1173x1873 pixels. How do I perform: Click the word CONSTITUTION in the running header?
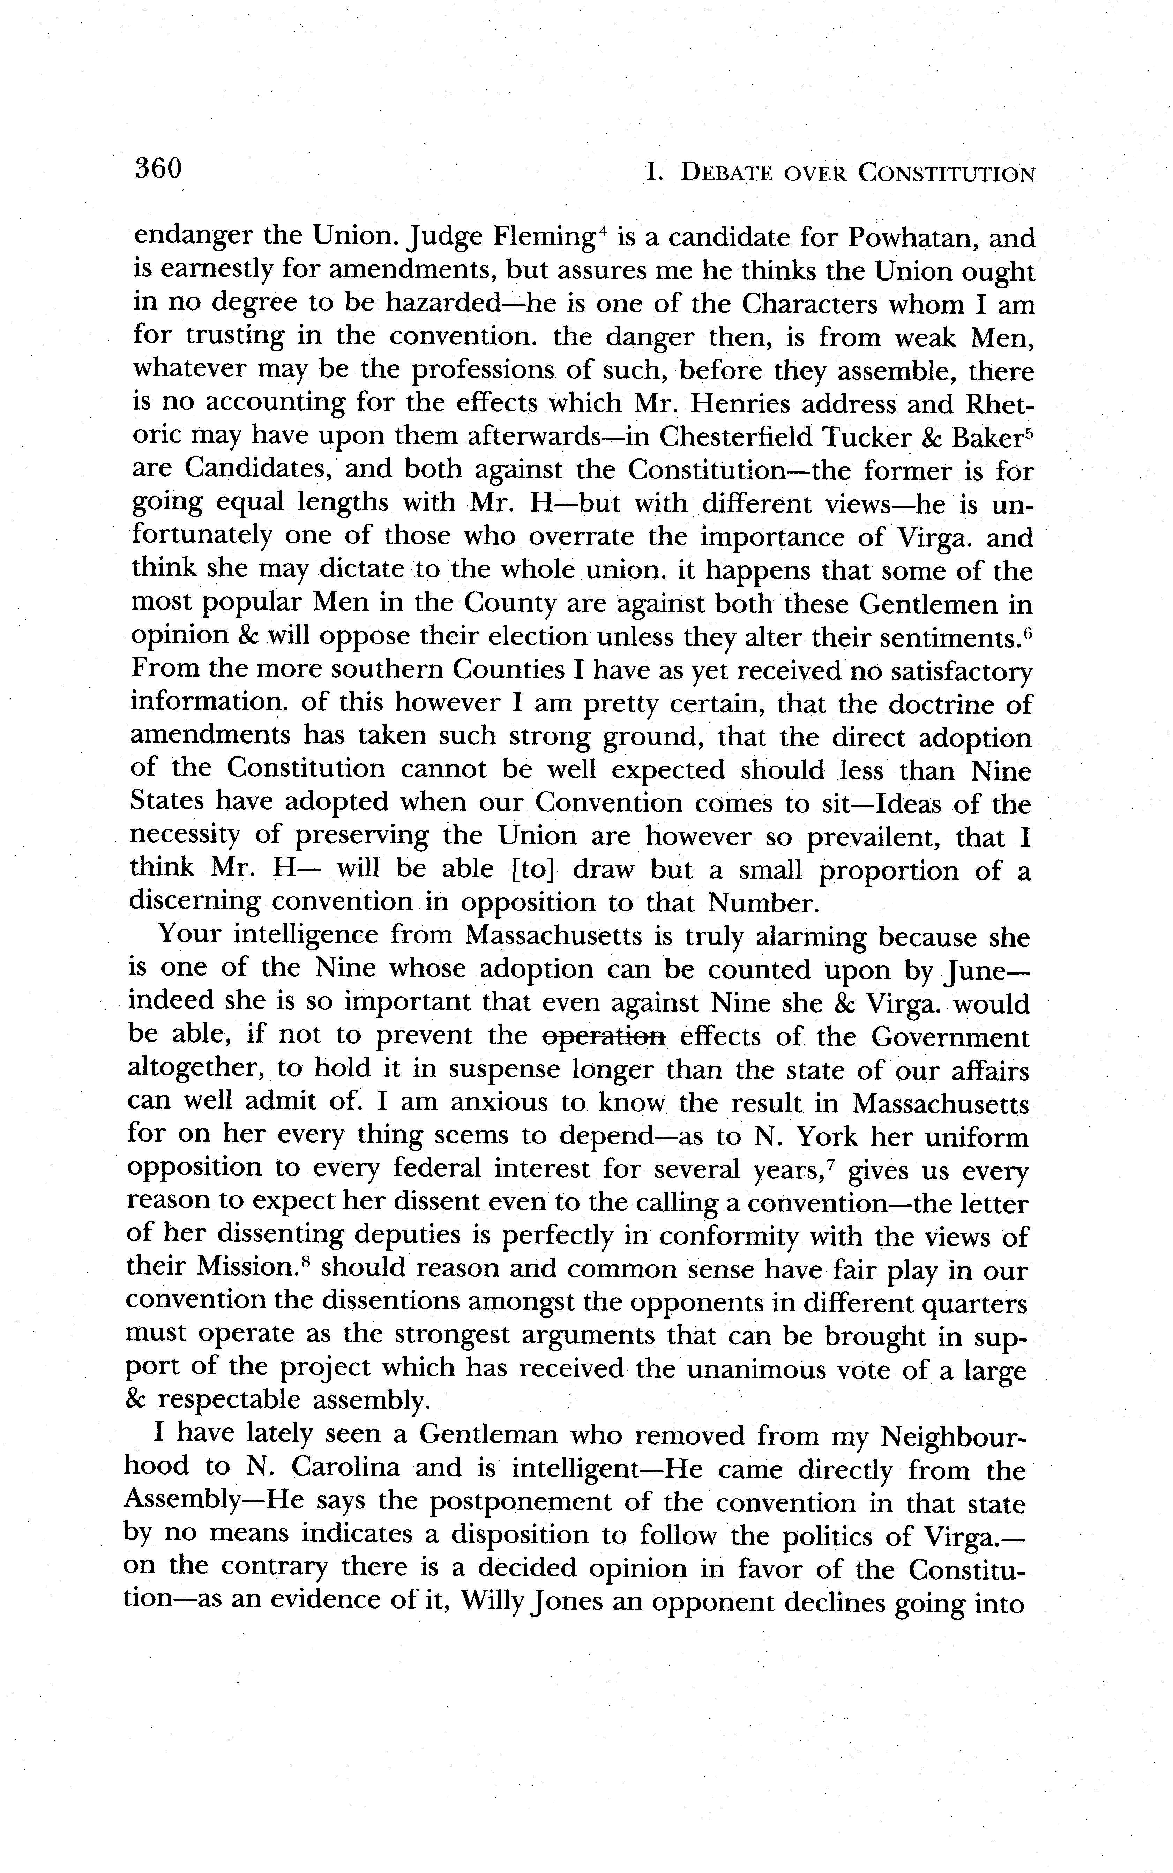(947, 174)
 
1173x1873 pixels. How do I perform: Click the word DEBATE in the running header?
(725, 174)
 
